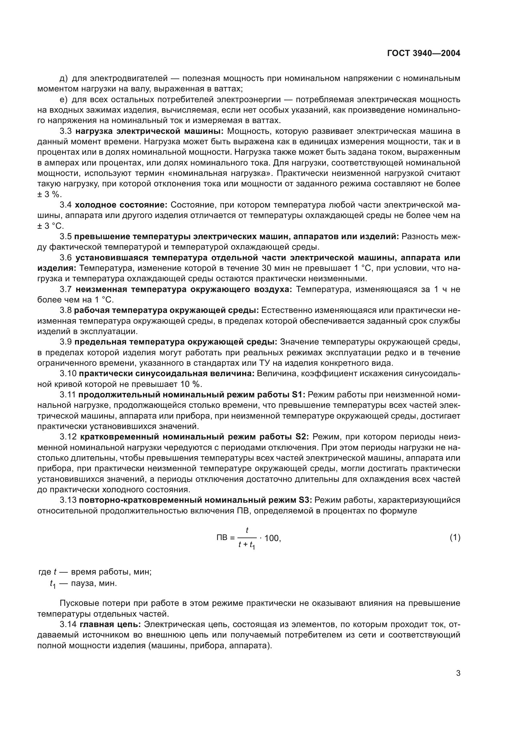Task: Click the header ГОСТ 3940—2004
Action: (423, 53)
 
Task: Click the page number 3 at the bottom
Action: (458, 673)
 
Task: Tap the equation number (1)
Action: (455, 537)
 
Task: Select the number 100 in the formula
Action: (272, 538)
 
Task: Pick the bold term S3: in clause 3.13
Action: (304, 500)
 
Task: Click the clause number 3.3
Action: (66, 131)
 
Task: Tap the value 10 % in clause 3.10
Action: (192, 384)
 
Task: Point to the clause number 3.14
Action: (68, 625)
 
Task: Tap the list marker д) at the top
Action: (64, 78)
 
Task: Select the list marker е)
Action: (64, 100)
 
